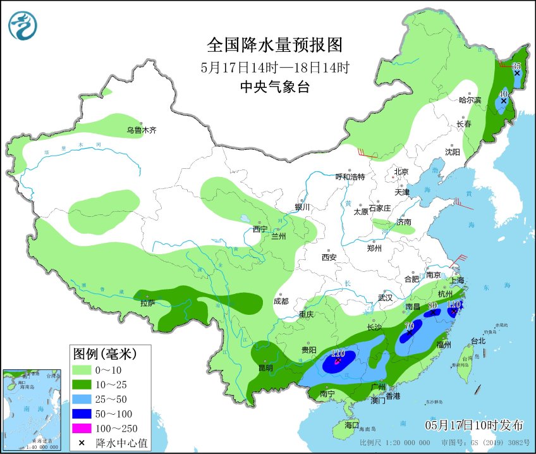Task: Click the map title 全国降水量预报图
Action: tap(275, 45)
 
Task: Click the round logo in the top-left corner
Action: tap(23, 26)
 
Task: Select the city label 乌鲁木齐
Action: tap(140, 130)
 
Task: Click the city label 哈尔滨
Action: tap(470, 101)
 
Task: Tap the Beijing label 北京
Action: tap(401, 171)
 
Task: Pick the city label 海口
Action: tap(351, 425)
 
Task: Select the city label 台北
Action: tap(478, 341)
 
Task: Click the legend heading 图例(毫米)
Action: tap(102, 353)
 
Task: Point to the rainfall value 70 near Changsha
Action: tap(409, 326)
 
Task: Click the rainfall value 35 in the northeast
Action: tap(516, 66)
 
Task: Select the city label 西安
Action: tap(329, 257)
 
